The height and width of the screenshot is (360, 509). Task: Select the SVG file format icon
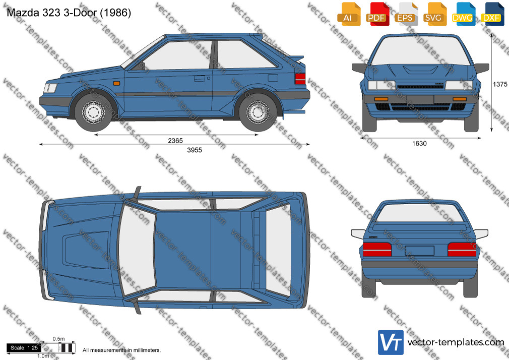tap(435, 14)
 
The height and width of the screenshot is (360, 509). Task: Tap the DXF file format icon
tap(493, 14)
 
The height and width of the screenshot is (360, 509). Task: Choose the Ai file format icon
tap(349, 14)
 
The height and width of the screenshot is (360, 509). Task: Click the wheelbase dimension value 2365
tap(175, 140)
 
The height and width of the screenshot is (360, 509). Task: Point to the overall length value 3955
tap(195, 150)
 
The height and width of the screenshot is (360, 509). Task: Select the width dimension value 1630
tap(419, 143)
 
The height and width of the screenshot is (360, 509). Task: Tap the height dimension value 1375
tap(500, 84)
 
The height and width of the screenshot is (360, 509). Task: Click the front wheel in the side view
tap(94, 112)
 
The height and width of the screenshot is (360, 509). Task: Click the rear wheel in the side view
tap(258, 112)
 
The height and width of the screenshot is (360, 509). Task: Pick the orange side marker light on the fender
tap(116, 84)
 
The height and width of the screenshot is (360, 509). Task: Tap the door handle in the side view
tap(199, 78)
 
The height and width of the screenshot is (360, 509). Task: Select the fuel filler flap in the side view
tap(273, 78)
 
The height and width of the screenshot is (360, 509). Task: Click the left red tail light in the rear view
tap(377, 250)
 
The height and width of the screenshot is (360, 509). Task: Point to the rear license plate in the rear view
tap(420, 251)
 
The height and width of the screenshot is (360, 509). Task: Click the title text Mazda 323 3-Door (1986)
tap(69, 13)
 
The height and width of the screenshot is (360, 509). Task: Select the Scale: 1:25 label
tap(24, 348)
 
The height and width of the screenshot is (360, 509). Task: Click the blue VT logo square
tap(391, 342)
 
